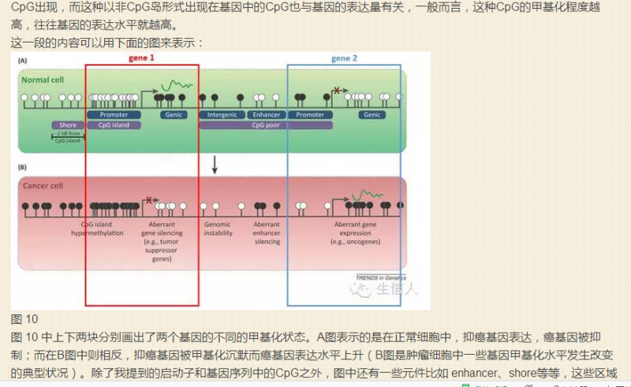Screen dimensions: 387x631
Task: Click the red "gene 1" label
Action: (141, 58)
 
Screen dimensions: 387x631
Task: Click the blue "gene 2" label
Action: (344, 59)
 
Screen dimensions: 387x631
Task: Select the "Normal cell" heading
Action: (43, 80)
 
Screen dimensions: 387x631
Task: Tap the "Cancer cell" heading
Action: (43, 187)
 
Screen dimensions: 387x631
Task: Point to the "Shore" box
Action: (67, 125)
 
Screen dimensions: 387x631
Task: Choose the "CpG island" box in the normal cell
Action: (114, 125)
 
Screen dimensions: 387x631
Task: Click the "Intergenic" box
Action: (222, 115)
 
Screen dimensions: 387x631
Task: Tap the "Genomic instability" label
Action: (218, 229)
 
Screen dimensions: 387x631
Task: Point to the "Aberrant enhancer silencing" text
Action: (267, 233)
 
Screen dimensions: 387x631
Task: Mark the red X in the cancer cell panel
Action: (149, 200)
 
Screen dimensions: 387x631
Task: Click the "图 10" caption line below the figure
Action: (24, 319)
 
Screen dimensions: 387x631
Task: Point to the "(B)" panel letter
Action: (24, 167)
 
